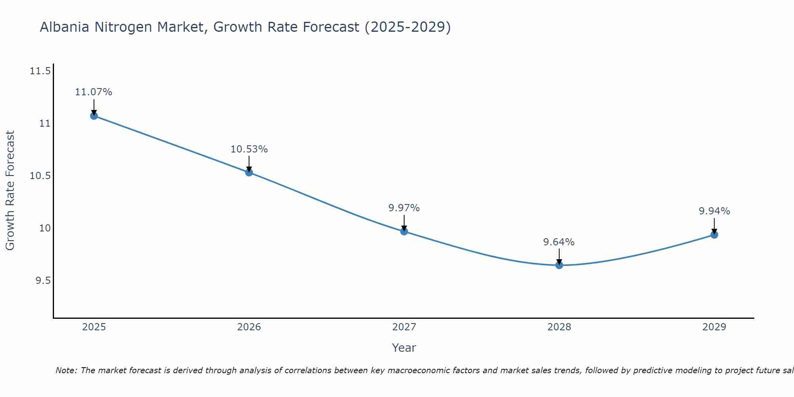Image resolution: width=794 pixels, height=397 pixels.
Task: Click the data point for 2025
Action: coord(94,116)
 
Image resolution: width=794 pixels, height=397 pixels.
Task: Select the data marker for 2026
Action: coord(249,172)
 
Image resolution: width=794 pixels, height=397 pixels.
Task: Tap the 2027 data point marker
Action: coord(404,231)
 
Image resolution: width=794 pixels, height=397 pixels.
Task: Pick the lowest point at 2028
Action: coord(559,265)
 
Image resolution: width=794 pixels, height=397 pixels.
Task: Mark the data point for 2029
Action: coord(714,235)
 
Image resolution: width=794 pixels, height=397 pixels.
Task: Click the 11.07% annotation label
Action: coord(94,92)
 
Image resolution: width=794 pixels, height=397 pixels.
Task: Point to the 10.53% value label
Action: coord(249,149)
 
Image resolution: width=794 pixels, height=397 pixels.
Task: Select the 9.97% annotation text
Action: coord(404,208)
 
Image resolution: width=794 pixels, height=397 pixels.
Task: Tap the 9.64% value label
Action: coord(559,242)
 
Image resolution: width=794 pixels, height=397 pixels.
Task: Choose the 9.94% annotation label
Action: coord(714,211)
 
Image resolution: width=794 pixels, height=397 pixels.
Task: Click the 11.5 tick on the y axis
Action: coord(40,71)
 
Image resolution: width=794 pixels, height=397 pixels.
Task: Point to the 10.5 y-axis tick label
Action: coord(40,176)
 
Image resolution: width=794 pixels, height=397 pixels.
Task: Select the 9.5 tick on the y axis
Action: coord(43,281)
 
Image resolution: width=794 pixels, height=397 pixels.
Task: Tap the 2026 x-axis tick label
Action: coord(249,327)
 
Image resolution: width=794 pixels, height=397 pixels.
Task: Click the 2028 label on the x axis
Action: coord(559,327)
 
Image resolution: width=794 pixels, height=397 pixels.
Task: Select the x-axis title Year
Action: coord(404,348)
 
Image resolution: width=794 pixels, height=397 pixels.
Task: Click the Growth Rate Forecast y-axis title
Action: coord(10,191)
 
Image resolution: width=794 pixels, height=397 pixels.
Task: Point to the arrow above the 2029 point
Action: coord(714,225)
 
